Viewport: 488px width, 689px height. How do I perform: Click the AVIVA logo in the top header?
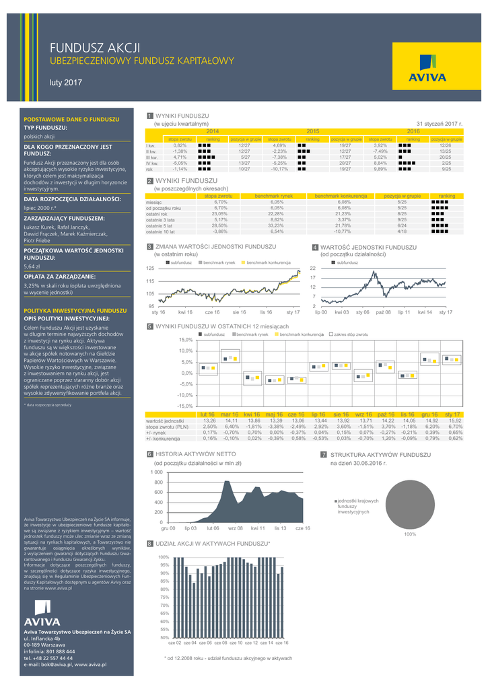[427, 67]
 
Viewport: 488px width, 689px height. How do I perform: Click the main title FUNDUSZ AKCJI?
[95, 48]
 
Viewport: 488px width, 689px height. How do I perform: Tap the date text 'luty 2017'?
[65, 83]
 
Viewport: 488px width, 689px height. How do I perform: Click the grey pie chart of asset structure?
[408, 504]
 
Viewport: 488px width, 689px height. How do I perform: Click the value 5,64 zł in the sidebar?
[32, 266]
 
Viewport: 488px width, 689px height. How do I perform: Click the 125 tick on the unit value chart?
[151, 268]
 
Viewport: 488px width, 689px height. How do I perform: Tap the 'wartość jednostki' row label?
[165, 421]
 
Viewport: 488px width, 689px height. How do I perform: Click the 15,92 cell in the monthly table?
[455, 421]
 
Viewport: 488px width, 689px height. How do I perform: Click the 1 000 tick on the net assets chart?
[155, 473]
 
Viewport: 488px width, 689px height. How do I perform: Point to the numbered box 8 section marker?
[149, 542]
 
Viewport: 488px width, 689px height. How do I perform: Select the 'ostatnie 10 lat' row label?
[160, 231]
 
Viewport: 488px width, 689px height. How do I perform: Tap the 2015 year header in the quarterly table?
[313, 131]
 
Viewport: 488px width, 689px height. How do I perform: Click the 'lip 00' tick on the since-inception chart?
[322, 313]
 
